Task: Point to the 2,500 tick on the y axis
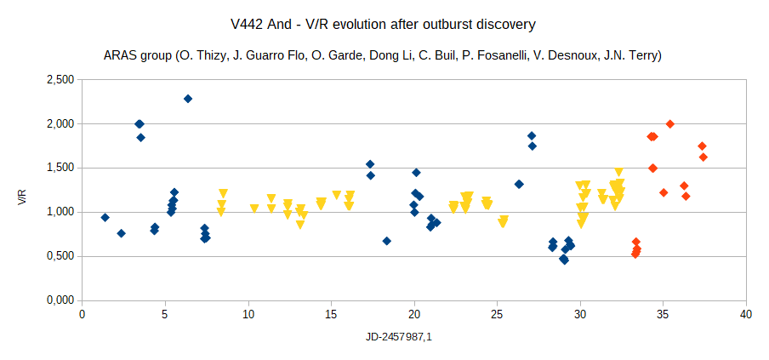(60, 79)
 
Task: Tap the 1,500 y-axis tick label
(60, 168)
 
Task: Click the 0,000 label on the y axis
(60, 300)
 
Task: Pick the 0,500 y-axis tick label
(60, 256)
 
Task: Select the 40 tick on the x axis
(746, 314)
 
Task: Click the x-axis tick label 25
(497, 314)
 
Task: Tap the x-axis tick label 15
(331, 314)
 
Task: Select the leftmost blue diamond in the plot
(105, 217)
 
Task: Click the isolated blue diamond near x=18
(387, 241)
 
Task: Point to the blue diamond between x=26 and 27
(519, 184)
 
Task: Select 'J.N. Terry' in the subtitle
(630, 55)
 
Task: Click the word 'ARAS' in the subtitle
(119, 55)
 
